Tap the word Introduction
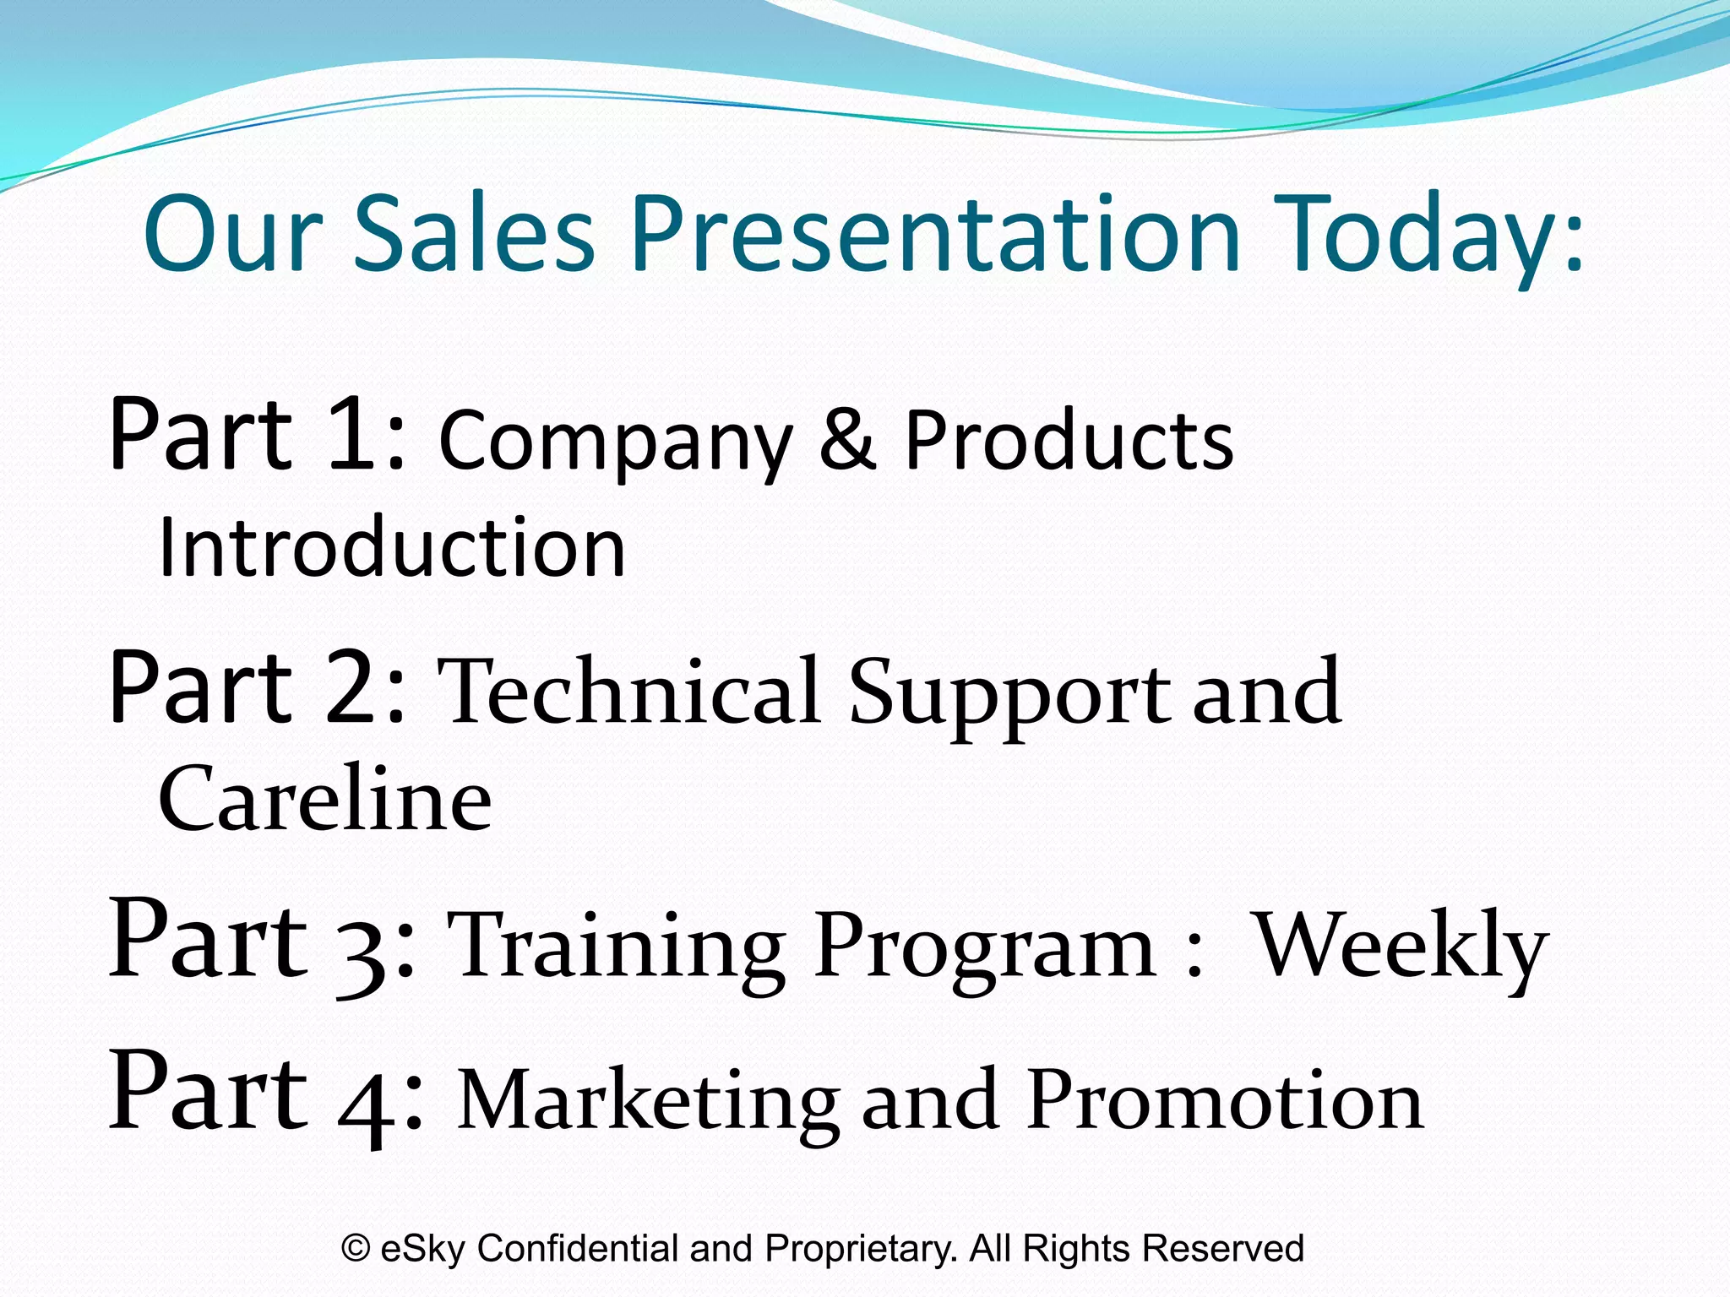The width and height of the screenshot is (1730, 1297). click(391, 547)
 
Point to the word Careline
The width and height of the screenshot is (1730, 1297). click(324, 798)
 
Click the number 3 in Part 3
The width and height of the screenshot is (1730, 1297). click(361, 950)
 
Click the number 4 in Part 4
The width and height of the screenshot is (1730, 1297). click(366, 1100)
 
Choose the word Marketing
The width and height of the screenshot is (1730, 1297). click(648, 1102)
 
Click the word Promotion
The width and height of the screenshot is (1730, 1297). click(1225, 1100)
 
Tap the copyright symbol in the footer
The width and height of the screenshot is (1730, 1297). click(356, 1248)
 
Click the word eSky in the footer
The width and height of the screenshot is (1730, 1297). click(422, 1248)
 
